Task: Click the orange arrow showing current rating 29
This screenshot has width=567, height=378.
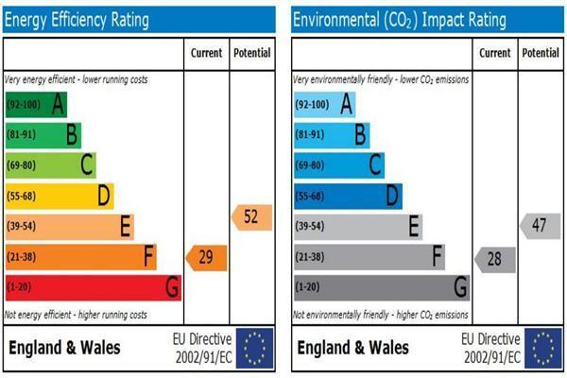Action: [206, 258]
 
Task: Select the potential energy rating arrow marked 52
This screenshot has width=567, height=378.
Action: [251, 217]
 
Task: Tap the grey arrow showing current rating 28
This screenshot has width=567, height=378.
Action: [495, 260]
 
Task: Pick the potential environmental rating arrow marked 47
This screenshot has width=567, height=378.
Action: [541, 226]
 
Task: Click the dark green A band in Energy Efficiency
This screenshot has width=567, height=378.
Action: [36, 105]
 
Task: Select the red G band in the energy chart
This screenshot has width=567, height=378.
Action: [94, 287]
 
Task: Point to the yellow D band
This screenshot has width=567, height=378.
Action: [60, 196]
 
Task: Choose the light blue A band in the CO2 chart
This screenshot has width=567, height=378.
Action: [325, 105]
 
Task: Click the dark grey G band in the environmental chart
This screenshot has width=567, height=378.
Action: [382, 287]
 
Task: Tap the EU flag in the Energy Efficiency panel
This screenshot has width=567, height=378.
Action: [254, 349]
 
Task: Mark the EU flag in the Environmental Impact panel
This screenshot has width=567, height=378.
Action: [543, 349]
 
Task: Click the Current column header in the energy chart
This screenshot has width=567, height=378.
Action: [206, 53]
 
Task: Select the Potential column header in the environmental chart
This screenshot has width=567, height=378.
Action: [541, 53]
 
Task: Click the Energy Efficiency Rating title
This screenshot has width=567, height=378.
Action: [77, 20]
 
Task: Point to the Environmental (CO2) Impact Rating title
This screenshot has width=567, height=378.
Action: [400, 20]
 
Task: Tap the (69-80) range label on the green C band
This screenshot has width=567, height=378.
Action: [22, 165]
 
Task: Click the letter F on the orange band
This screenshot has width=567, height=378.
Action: [149, 256]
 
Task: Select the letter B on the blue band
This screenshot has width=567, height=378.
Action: [360, 134]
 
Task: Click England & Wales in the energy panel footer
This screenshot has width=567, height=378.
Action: [64, 348]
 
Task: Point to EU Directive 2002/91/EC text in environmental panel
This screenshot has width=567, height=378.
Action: [490, 348]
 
